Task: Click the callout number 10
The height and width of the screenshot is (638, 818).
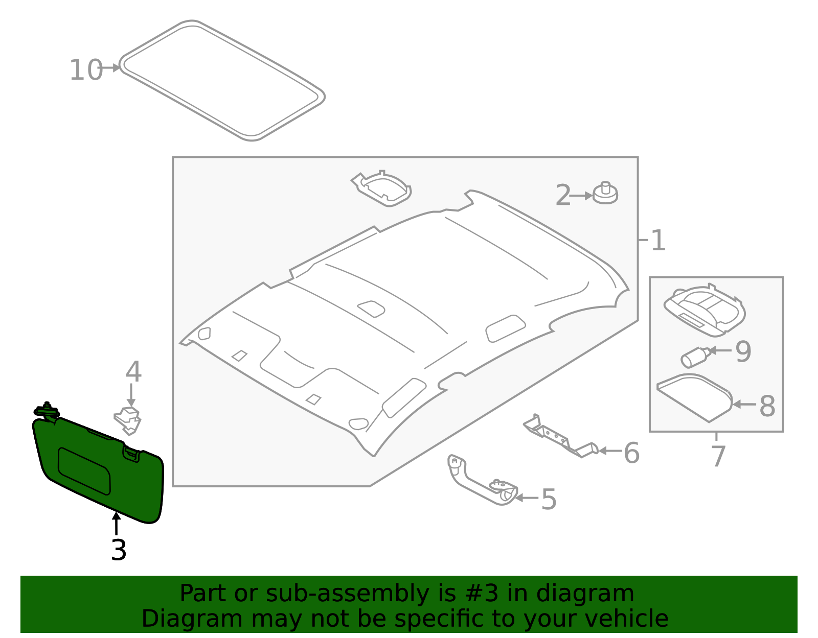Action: click(86, 70)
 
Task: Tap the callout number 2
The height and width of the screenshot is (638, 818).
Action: click(562, 196)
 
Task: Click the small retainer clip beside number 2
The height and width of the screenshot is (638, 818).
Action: click(605, 194)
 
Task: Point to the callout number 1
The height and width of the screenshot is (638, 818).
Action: click(658, 241)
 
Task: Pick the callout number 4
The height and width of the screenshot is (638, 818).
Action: click(133, 372)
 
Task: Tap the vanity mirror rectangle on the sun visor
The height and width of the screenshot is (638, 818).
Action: click(84, 470)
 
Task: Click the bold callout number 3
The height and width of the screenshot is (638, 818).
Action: click(119, 550)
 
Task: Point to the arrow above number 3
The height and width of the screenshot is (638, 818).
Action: click(117, 524)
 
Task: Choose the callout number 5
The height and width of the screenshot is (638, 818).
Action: click(549, 499)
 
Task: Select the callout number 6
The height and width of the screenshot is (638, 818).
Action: click(631, 453)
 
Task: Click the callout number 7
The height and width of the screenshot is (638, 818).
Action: click(718, 456)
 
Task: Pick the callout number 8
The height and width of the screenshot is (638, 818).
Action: click(767, 407)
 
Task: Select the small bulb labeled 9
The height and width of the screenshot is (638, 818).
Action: click(695, 357)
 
